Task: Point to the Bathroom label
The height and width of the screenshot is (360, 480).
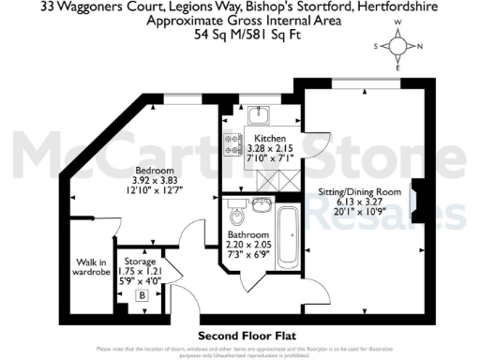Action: (249, 234)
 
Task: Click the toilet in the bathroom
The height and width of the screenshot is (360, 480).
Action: (234, 208)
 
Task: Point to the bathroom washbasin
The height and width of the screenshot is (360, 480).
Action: (266, 203)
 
